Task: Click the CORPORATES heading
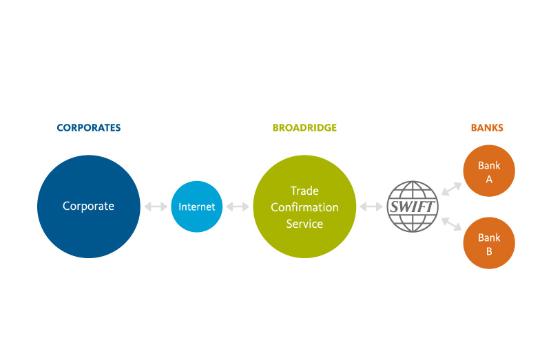coord(88,128)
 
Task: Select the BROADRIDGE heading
coord(304,128)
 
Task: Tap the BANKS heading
coord(487,128)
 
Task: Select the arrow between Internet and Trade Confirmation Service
coord(238,207)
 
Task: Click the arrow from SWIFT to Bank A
coord(451,187)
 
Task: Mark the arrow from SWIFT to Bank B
coord(451,225)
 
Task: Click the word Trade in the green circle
coord(304,191)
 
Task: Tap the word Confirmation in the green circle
coord(304,207)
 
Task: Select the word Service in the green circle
coord(304,224)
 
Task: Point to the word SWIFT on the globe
coord(412,207)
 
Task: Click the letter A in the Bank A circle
coord(489,178)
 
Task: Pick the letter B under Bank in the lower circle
coord(489,251)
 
